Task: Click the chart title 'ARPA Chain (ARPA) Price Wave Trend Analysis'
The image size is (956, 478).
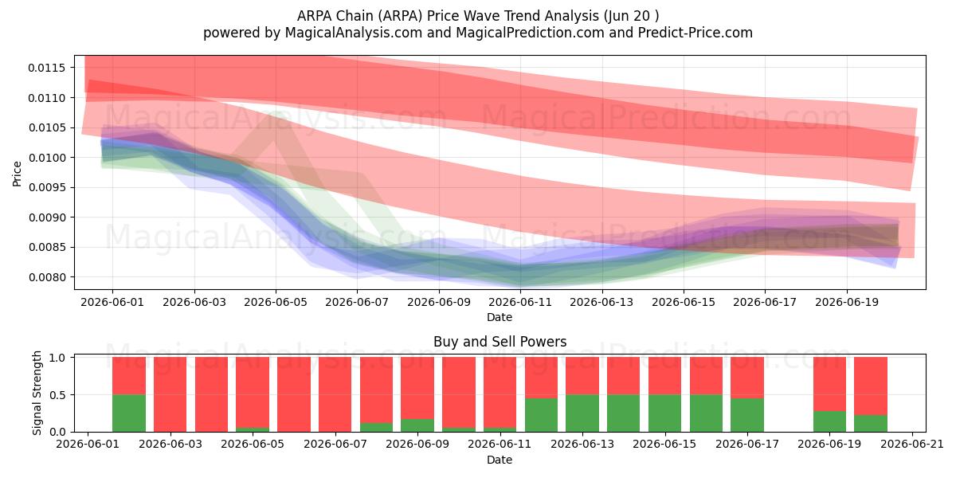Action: click(448, 16)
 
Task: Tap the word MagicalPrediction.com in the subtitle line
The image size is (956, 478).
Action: click(530, 33)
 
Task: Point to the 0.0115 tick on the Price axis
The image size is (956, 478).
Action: click(46, 68)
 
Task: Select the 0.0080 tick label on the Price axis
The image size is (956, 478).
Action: click(46, 277)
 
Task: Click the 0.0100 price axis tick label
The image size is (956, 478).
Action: click(46, 158)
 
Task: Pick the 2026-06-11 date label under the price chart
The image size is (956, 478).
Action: click(520, 302)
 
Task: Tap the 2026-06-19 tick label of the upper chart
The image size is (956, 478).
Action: click(847, 302)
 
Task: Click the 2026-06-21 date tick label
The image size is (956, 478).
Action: click(912, 445)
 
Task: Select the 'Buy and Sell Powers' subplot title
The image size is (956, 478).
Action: click(500, 342)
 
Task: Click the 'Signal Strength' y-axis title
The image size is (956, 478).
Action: click(37, 393)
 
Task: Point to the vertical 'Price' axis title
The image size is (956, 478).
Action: click(17, 174)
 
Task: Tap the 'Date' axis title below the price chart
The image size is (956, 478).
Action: click(500, 317)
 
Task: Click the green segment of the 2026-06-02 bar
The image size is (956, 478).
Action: click(129, 413)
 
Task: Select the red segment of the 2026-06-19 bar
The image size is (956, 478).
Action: click(829, 384)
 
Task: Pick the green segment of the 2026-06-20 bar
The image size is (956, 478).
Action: click(871, 423)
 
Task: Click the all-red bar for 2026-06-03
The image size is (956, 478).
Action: click(170, 394)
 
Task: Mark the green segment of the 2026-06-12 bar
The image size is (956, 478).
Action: click(541, 415)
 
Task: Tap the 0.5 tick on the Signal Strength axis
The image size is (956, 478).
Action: click(57, 395)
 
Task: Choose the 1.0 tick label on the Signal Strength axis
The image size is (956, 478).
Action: click(57, 358)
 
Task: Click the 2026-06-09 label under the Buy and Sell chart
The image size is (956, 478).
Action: click(417, 445)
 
